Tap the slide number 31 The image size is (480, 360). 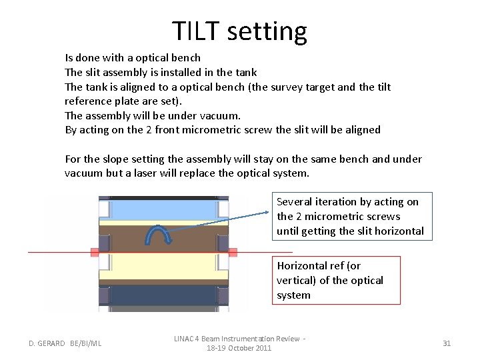pyautogui.click(x=447, y=343)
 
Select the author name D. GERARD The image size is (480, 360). pyautogui.click(x=47, y=343)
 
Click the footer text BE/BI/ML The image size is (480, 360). pyautogui.click(x=86, y=343)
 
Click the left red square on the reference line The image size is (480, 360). pyautogui.click(x=95, y=253)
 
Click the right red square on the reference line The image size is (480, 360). pyautogui.click(x=233, y=253)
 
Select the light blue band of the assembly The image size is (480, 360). pyautogui.click(x=163, y=209)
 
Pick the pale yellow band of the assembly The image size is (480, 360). pyautogui.click(x=163, y=268)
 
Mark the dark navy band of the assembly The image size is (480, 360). pyautogui.click(x=163, y=295)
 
